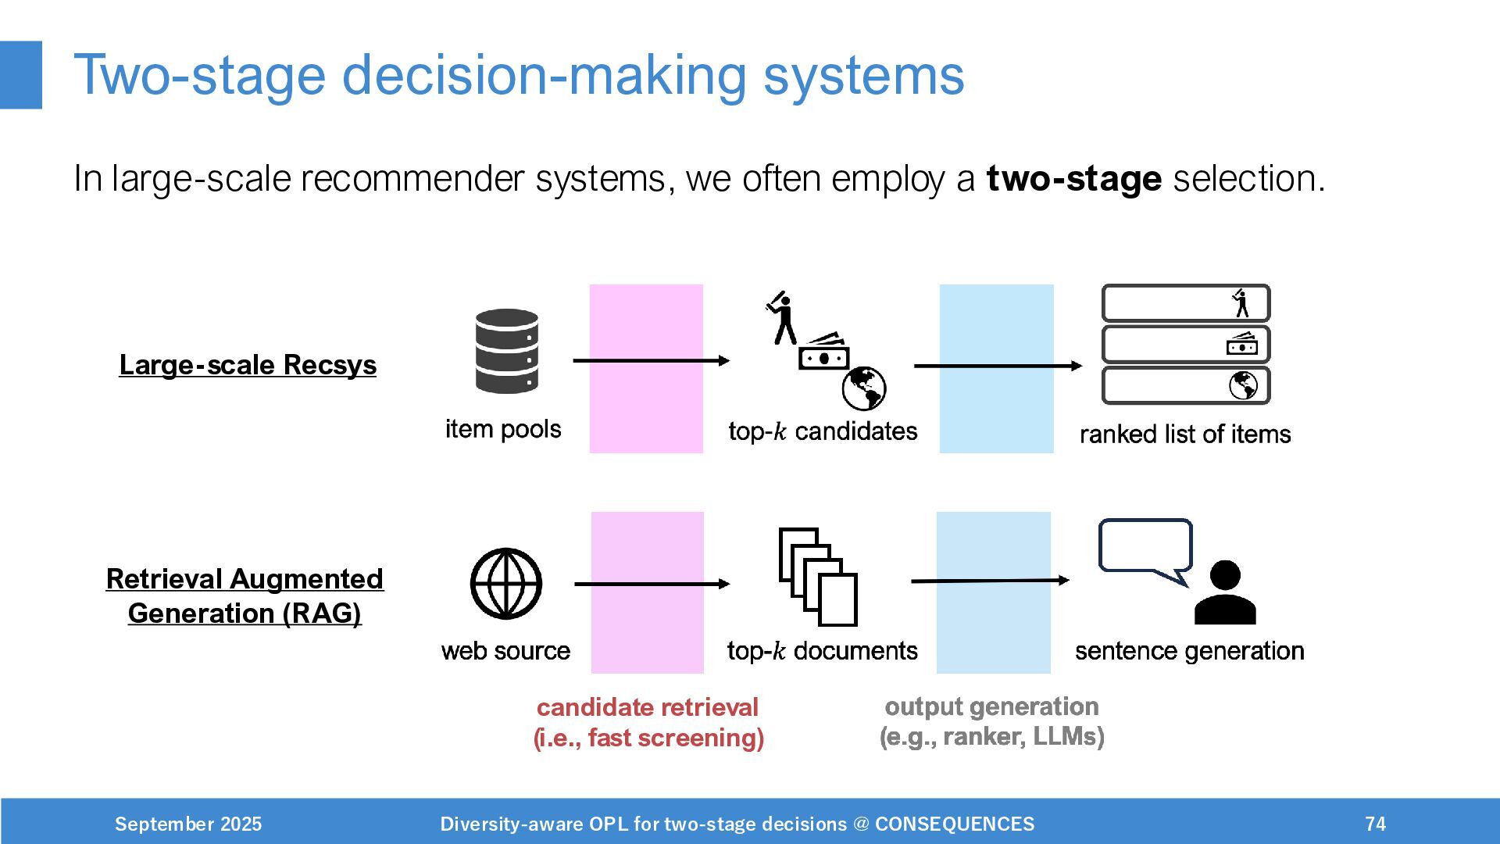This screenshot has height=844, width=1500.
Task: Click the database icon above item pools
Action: tap(506, 351)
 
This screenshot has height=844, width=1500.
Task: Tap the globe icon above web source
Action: tap(505, 583)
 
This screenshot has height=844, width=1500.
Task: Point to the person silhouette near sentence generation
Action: tap(1225, 593)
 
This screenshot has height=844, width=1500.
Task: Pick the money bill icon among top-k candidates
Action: tap(823, 352)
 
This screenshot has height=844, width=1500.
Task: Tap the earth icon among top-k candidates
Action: tap(864, 388)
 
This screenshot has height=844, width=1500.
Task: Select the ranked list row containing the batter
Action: tap(1185, 303)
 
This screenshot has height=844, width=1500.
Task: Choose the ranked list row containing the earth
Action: tap(1185, 385)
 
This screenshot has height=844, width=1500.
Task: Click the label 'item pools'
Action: tap(503, 429)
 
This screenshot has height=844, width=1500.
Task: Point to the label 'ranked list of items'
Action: tap(1184, 434)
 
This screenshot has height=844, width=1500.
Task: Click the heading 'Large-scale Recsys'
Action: tap(248, 365)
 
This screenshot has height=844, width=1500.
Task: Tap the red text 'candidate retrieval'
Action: tap(647, 707)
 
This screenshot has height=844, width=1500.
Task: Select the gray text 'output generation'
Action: tap(991, 706)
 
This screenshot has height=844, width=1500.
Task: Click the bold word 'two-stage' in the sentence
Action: tap(1073, 179)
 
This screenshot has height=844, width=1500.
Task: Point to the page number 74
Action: tap(1375, 824)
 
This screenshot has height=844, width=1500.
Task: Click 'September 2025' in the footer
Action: tap(188, 824)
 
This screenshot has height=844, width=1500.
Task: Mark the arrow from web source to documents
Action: tap(652, 584)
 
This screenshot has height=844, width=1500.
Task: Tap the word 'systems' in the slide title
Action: tap(863, 76)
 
